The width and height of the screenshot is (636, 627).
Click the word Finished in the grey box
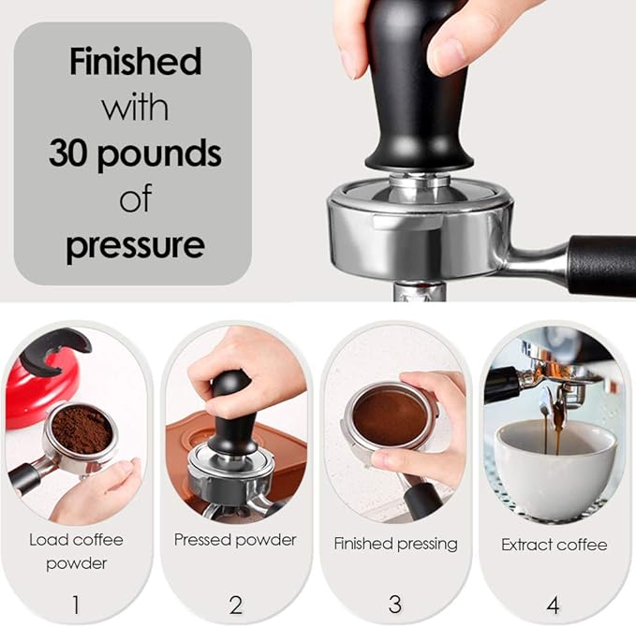[135, 62]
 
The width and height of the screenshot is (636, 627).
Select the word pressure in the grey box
[135, 245]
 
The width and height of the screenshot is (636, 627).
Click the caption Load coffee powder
[76, 551]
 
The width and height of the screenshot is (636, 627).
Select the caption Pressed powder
[235, 540]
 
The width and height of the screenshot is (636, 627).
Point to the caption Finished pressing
[395, 543]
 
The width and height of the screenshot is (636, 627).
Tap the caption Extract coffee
[554, 544]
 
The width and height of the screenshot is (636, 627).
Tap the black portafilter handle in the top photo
[600, 265]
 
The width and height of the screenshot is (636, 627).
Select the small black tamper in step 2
[230, 412]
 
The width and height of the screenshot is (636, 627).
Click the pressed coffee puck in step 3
[389, 416]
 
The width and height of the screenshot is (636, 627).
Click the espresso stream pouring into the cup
[558, 430]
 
